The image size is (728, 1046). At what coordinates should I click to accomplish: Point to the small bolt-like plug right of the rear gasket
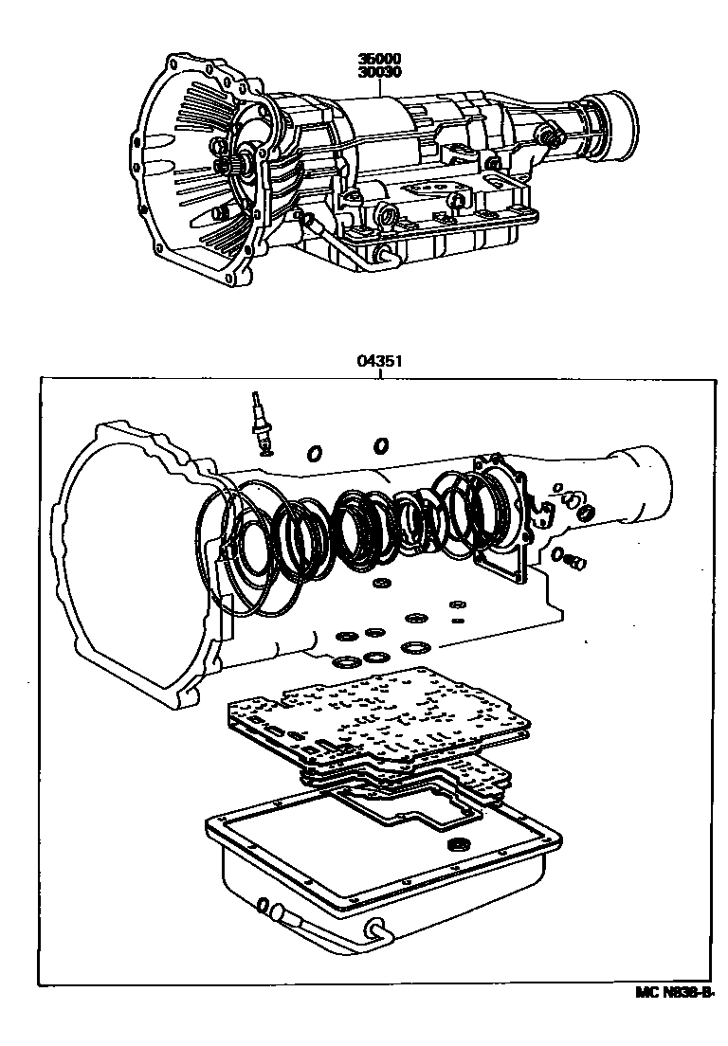coord(573,562)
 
